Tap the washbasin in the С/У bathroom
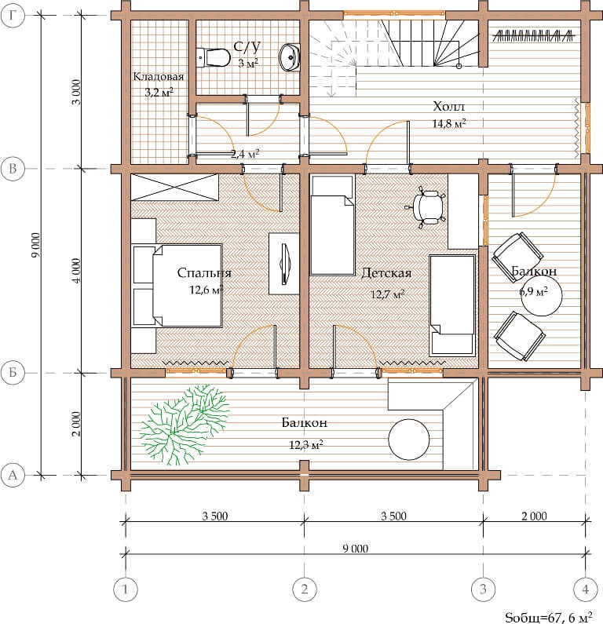[290, 57]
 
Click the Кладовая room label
[159, 76]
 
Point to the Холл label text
[448, 106]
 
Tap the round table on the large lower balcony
[409, 440]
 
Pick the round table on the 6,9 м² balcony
[542, 295]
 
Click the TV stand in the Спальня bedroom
[283, 264]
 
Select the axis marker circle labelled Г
[13, 15]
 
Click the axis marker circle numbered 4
[586, 589]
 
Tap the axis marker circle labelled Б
[13, 373]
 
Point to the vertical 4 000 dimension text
[76, 271]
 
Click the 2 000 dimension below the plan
[534, 516]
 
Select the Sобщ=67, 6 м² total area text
[549, 616]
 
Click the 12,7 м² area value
[387, 294]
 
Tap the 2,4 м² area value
[245, 153]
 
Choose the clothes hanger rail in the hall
[534, 36]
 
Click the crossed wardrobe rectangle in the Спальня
[175, 187]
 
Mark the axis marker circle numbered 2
[305, 589]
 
